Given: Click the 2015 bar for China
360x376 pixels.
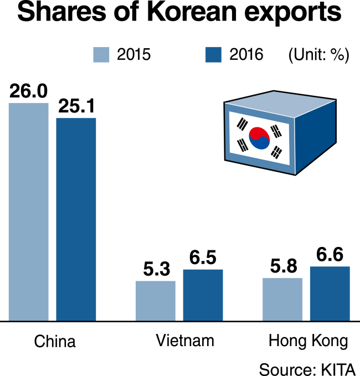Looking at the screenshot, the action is click(x=29, y=212).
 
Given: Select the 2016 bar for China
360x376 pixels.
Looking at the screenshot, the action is click(x=76, y=219).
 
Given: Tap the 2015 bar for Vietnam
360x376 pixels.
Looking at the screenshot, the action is click(x=156, y=301).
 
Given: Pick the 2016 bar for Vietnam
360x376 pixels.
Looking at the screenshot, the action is click(x=203, y=295).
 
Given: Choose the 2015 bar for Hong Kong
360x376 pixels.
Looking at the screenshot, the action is click(x=282, y=299).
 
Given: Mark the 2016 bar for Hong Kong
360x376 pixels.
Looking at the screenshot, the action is click(x=330, y=293).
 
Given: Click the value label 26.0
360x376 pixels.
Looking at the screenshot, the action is click(x=29, y=91).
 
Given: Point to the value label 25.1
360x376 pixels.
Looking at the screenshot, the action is click(x=76, y=106).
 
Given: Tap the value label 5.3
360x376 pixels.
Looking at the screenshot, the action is click(x=157, y=269).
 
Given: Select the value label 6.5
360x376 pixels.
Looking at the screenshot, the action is click(x=203, y=257).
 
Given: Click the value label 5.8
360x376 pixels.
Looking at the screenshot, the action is click(x=284, y=266).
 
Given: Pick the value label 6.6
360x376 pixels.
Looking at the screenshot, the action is click(x=330, y=254).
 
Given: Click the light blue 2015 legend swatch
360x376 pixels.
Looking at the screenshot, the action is click(x=101, y=55).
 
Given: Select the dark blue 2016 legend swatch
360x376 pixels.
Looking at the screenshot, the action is click(x=213, y=55).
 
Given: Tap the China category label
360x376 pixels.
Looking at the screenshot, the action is click(x=55, y=341).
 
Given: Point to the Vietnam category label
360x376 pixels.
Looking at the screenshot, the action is click(x=185, y=341).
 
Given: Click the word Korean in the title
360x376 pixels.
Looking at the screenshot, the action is click(x=192, y=12).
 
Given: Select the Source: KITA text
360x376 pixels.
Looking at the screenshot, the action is click(x=307, y=369).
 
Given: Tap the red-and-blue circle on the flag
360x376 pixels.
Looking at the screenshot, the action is click(x=259, y=138).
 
